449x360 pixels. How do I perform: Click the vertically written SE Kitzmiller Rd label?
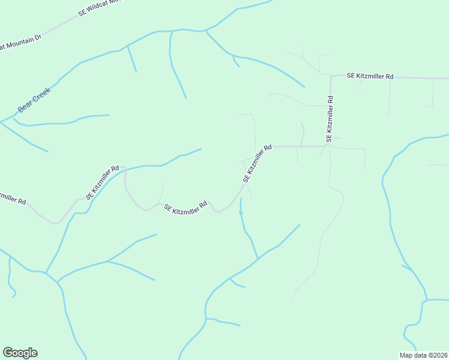329,119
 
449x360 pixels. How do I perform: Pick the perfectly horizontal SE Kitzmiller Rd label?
370,77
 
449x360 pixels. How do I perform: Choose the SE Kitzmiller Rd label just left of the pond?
186,207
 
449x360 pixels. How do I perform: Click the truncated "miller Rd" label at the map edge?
13,198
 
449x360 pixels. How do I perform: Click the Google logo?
20,352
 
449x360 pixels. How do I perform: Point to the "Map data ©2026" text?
423,355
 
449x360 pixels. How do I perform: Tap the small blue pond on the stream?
241,212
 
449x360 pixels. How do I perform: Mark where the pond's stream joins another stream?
258,259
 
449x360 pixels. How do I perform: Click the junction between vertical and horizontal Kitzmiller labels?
329,146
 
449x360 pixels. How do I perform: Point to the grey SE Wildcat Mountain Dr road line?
60,24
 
